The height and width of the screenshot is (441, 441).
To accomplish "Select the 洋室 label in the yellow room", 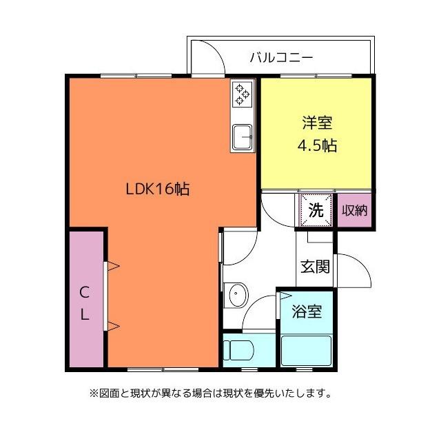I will [316, 124].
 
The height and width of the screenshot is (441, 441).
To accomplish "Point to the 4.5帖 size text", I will [316, 147].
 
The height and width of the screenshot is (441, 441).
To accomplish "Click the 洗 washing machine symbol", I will [316, 211].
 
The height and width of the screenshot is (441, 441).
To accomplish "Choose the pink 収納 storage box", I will [356, 211].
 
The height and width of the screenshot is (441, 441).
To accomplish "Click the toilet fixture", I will [238, 349].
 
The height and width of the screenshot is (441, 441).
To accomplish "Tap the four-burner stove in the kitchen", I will [243, 94].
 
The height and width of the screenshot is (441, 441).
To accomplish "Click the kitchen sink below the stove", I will [243, 136].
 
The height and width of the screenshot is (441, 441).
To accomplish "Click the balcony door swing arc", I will [208, 59].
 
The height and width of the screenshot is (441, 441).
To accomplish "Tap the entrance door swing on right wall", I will [353, 272].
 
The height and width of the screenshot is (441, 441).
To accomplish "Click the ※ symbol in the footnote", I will [94, 394].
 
